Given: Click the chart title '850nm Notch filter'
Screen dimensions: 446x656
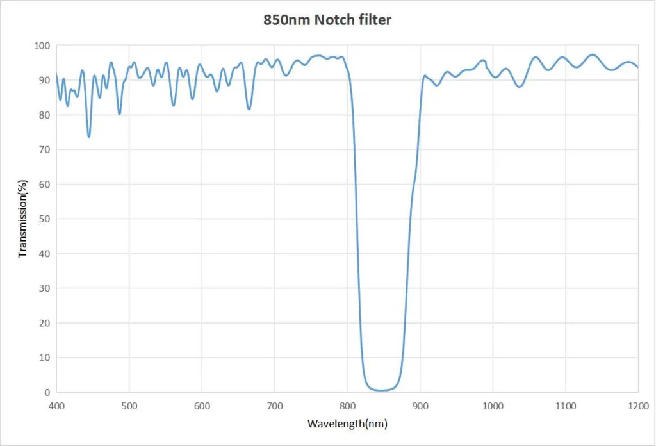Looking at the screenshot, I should click(327, 20).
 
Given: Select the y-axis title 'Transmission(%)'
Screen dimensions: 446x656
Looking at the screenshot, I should click(23, 219).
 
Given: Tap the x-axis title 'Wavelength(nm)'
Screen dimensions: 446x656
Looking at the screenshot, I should click(347, 424).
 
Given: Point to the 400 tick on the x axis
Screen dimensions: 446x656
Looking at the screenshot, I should click(56, 405).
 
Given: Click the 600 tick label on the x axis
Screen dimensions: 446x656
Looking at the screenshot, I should click(202, 405).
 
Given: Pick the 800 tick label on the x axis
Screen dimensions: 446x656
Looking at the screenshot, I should click(347, 405).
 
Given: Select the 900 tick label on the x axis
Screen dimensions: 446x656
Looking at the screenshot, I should click(420, 405).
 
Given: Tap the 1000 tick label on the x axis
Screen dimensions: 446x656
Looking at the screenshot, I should click(493, 405).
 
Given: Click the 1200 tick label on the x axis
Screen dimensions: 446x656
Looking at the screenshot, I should click(637, 405).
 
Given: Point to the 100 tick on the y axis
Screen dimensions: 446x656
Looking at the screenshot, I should click(42, 46).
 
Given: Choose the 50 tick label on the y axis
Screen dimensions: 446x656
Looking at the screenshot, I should click(44, 219).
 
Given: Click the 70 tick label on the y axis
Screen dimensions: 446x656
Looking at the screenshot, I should click(44, 150).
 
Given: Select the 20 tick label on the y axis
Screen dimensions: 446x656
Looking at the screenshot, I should click(44, 323).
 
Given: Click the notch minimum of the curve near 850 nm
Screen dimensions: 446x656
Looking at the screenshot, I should click(382, 390).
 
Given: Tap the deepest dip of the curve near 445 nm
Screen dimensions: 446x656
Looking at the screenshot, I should click(89, 136).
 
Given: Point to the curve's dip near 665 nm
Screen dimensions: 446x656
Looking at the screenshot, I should click(249, 109).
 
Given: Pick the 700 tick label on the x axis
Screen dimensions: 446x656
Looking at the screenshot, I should click(274, 405).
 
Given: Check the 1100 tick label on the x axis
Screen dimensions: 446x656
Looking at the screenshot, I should click(565, 405).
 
